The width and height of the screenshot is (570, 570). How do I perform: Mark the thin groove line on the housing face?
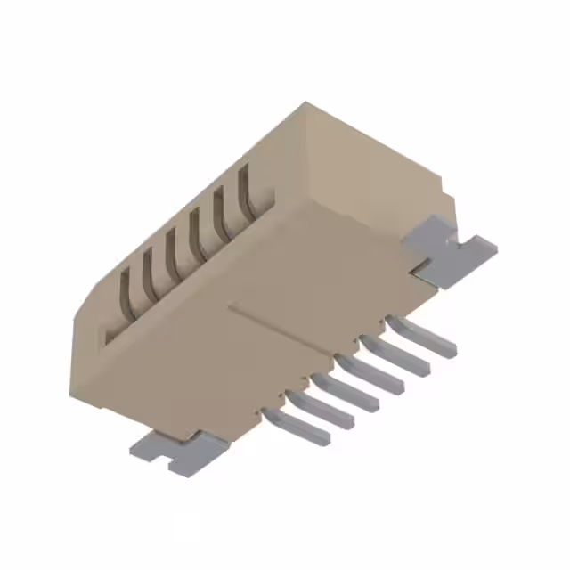click(x=294, y=334)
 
